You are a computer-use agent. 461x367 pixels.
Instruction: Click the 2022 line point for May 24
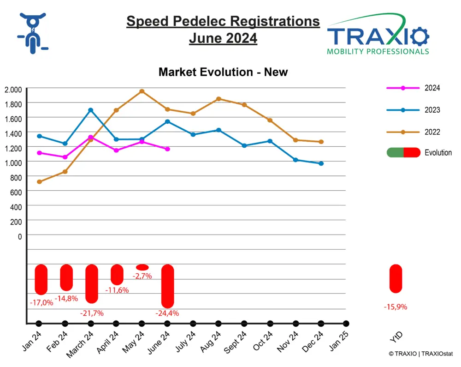142,91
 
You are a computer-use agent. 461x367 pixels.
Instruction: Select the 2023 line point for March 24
91,110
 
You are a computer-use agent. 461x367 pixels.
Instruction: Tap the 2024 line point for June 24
167,149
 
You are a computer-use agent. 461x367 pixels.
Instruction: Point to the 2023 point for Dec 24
321,163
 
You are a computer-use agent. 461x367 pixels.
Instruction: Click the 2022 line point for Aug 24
219,99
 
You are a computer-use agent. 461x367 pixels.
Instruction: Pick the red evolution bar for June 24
167,286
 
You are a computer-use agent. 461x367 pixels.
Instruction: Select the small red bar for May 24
142,267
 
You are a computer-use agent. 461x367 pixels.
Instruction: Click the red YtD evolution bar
396,279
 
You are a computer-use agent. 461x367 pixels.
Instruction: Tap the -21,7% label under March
92,313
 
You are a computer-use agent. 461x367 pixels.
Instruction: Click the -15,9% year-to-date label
396,307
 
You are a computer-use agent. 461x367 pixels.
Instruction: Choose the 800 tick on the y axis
16,178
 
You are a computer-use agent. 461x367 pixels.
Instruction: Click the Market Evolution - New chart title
223,72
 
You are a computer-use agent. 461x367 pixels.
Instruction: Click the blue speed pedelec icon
32,33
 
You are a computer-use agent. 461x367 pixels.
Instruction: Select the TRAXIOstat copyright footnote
421,354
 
